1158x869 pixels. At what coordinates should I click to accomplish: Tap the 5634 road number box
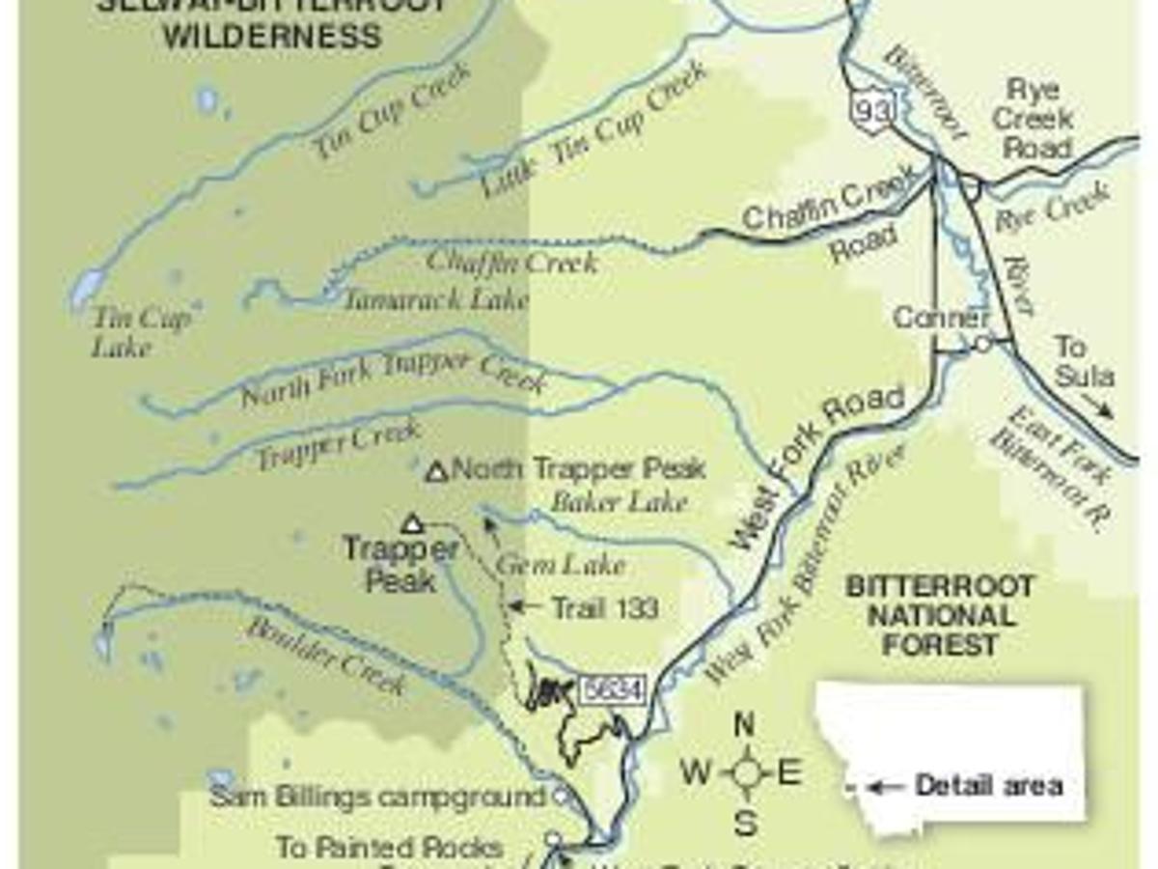point(611,691)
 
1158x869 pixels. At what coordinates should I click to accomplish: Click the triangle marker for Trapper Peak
point(413,524)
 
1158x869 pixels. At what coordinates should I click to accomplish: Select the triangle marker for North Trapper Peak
point(437,472)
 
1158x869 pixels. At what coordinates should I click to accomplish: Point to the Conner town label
point(941,319)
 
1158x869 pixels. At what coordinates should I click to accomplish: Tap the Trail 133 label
point(604,607)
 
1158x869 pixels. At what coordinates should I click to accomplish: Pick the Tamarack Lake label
point(437,299)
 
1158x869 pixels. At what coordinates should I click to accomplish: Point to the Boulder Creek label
point(324,656)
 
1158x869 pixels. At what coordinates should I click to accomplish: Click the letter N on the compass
point(744,723)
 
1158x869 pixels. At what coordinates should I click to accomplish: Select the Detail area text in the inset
point(988,786)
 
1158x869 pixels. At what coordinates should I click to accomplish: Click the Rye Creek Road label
point(1032,119)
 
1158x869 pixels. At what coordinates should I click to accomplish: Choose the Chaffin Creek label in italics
point(511,261)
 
